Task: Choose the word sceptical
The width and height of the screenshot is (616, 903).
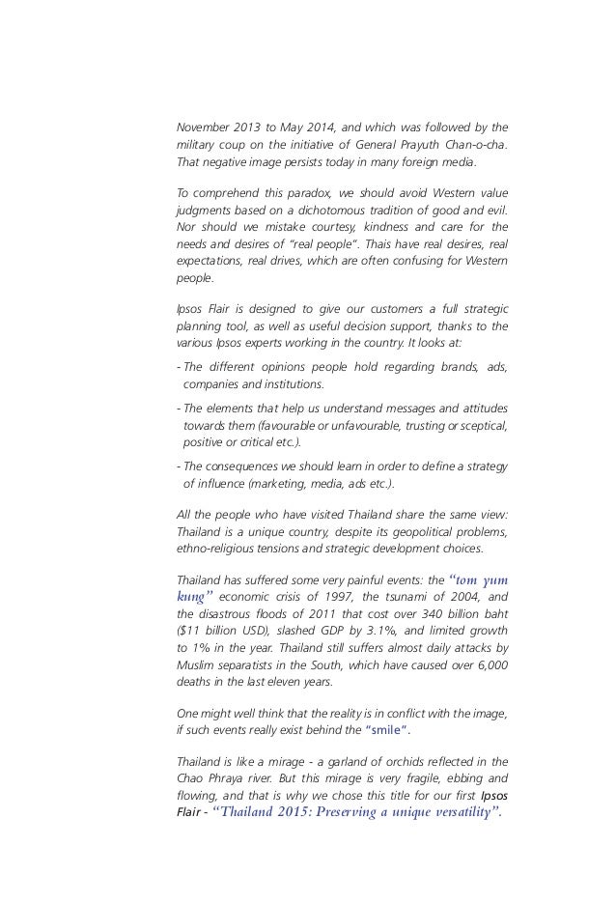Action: (x=480, y=426)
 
